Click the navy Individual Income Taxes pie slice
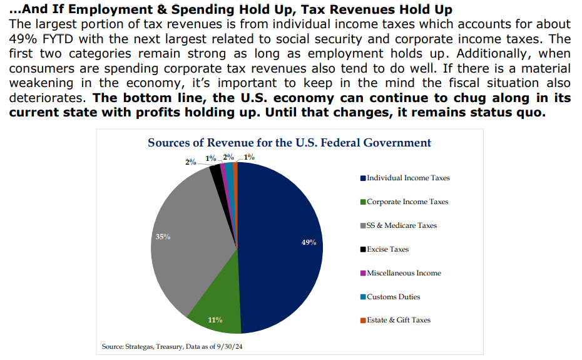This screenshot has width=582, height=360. (282, 250)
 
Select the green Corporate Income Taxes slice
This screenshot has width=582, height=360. (216, 301)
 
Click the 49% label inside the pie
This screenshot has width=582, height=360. (309, 242)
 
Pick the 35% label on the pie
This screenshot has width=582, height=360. (163, 237)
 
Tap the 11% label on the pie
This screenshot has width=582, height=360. (215, 321)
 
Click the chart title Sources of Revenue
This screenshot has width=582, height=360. (289, 143)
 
